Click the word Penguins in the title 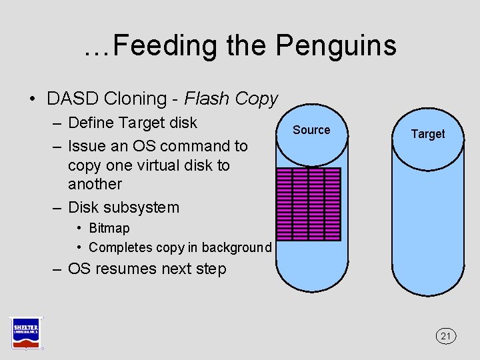tap(336, 45)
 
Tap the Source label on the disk tap(311, 130)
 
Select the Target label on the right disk tap(427, 134)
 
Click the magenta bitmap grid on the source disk tap(308, 204)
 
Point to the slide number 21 tap(446, 336)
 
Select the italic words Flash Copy tap(231, 99)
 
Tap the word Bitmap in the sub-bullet tap(109, 228)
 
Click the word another tap(95, 184)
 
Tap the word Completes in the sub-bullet tap(120, 247)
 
